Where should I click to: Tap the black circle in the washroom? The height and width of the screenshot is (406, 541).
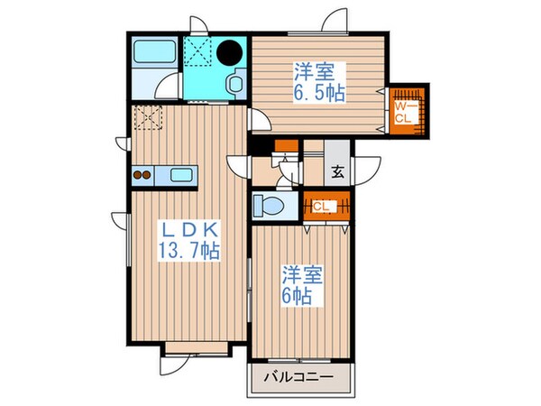click(x=232, y=52)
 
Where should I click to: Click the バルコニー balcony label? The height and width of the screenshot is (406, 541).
click(x=299, y=378)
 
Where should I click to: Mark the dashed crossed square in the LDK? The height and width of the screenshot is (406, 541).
click(x=146, y=117)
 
